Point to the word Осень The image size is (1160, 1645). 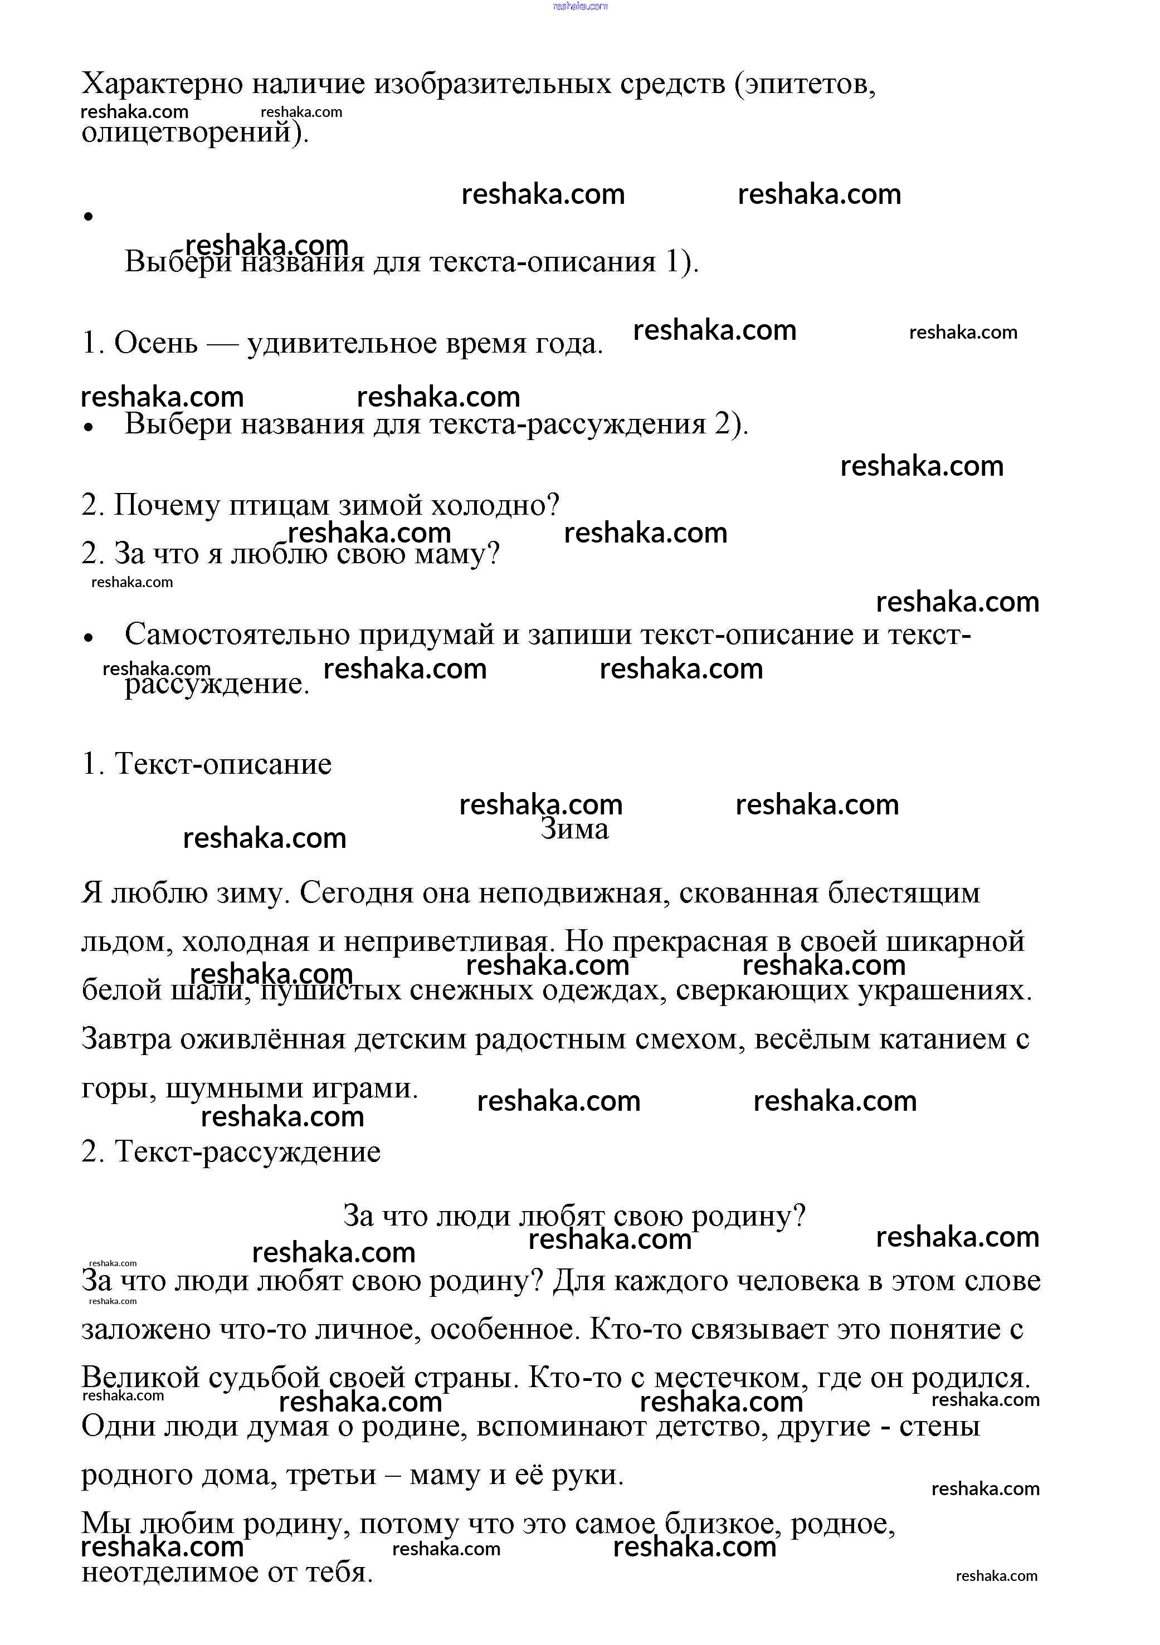(155, 343)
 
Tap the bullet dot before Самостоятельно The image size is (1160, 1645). (89, 637)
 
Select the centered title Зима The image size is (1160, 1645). (574, 829)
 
